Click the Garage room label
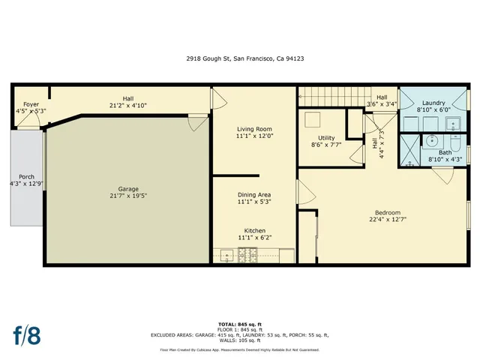127,189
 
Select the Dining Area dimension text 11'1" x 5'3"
253,201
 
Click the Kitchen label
253,230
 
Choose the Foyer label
31,104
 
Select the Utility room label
326,137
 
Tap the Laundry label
434,103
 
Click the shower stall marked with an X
410,150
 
